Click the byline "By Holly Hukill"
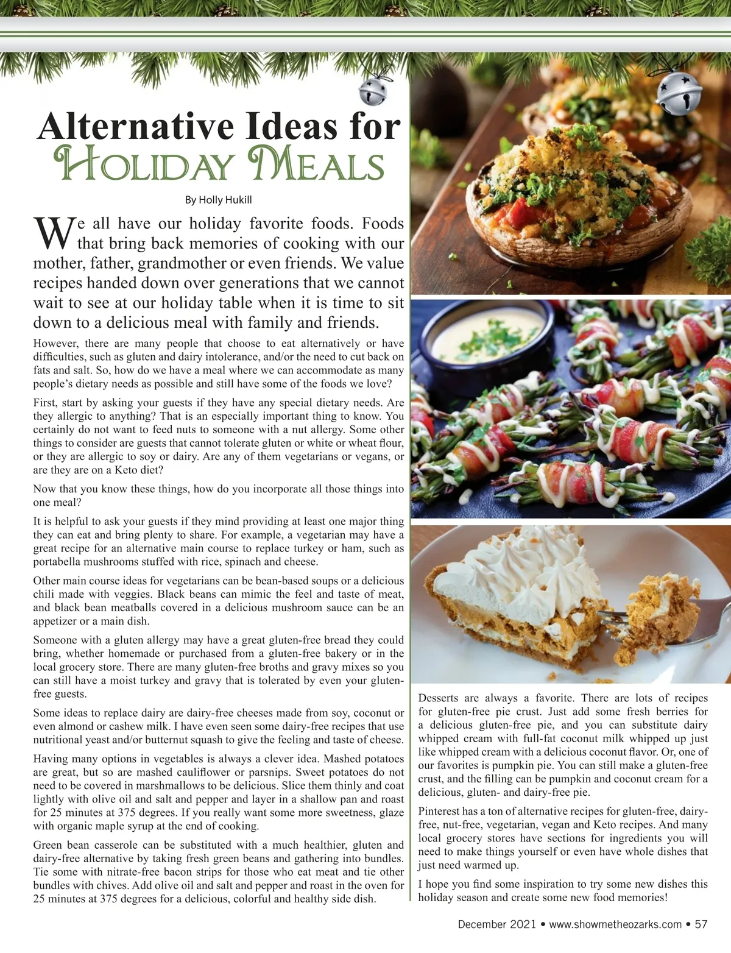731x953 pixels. click(x=218, y=200)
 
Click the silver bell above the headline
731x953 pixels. click(x=372, y=92)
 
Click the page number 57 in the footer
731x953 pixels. click(x=701, y=924)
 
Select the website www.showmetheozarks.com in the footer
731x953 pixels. click(x=615, y=924)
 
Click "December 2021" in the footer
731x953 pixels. click(x=496, y=924)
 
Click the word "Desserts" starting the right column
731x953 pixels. click(x=438, y=698)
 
